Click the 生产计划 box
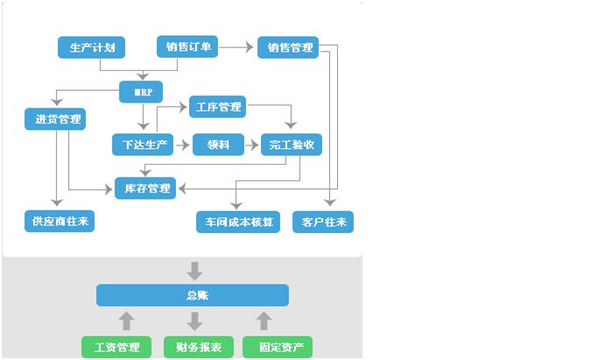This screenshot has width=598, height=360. click(x=87, y=47)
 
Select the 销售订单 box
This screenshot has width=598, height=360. click(x=187, y=47)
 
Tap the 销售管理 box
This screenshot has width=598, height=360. click(x=288, y=47)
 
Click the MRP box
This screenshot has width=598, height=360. click(x=141, y=91)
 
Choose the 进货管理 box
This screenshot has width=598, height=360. click(x=54, y=119)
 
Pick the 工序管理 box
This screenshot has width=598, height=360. click(x=216, y=108)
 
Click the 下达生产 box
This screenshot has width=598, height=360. click(x=143, y=145)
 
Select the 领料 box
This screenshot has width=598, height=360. click(x=217, y=145)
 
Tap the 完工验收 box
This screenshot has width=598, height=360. click(x=291, y=145)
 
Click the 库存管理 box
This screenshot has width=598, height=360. click(x=145, y=187)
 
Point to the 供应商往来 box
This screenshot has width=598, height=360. click(x=59, y=221)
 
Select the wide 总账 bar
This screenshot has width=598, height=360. click(x=192, y=295)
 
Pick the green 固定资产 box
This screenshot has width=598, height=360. click(x=277, y=347)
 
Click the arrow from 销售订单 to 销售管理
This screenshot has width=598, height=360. click(x=237, y=47)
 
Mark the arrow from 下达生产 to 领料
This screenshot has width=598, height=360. click(x=182, y=145)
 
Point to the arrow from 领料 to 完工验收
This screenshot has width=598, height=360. click(x=252, y=145)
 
